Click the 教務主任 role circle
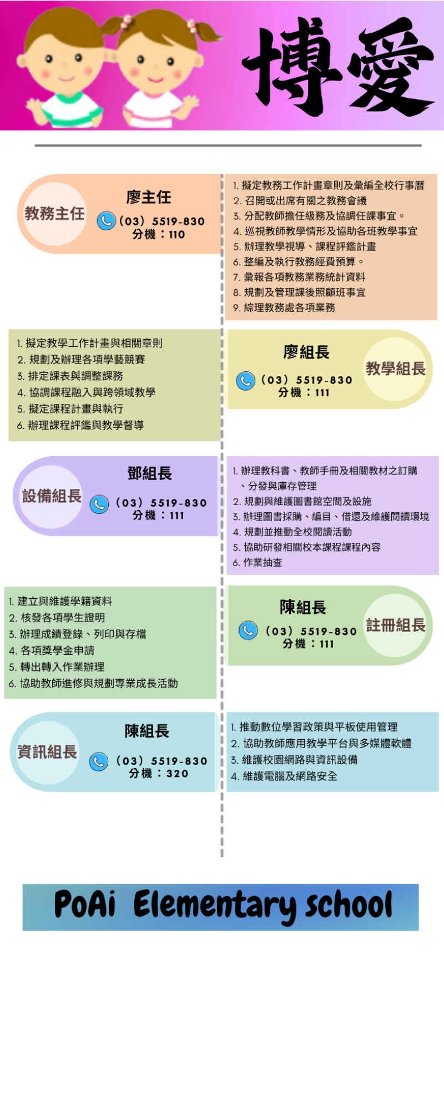55,214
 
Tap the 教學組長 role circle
395,369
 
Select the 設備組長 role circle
52,496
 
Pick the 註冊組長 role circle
395,625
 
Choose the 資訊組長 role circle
47,752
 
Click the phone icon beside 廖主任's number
106,221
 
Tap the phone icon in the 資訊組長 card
99,761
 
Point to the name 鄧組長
150,473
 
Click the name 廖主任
149,197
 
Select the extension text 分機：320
159,774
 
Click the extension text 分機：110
159,234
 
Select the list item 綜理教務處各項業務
284,307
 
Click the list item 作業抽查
258,562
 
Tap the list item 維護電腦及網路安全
284,776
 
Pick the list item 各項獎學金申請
52,650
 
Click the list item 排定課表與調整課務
70,376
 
